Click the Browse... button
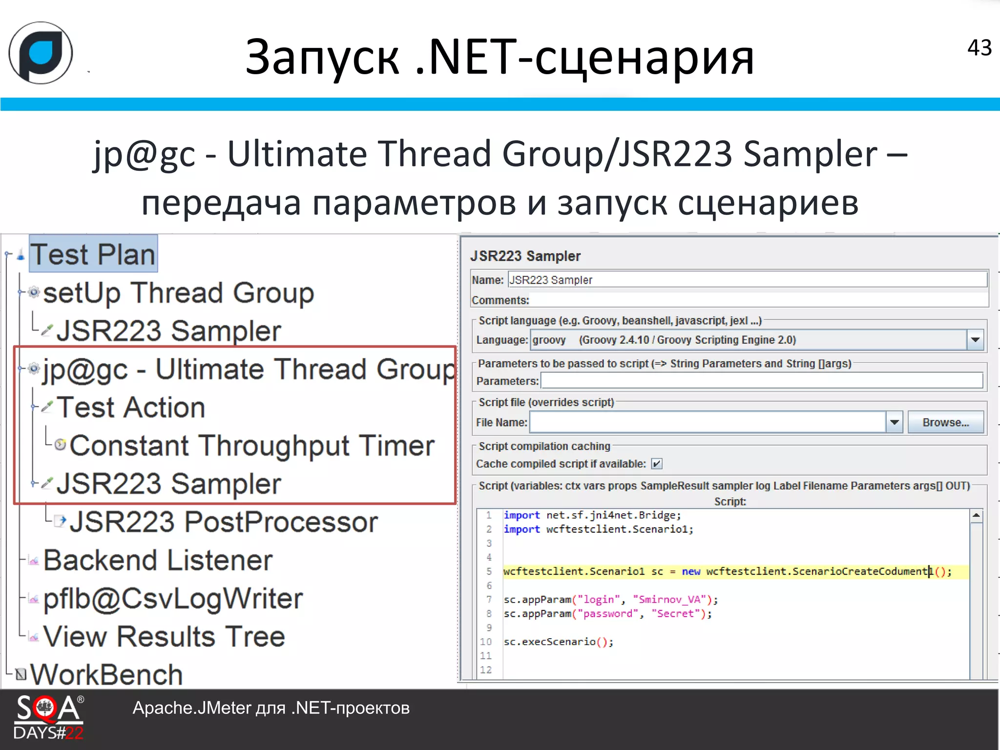[945, 422]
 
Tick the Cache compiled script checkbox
[657, 464]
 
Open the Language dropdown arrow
[975, 340]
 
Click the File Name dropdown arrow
[894, 422]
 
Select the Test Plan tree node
[93, 254]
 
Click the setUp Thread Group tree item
[178, 293]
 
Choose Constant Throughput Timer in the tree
[251, 446]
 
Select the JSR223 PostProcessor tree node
[223, 522]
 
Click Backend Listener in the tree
[157, 560]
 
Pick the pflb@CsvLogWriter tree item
[173, 599]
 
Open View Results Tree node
[164, 637]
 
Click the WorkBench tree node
[106, 675]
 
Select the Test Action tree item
[130, 408]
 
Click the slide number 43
[979, 48]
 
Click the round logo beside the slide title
[41, 53]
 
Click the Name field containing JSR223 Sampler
[747, 280]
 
